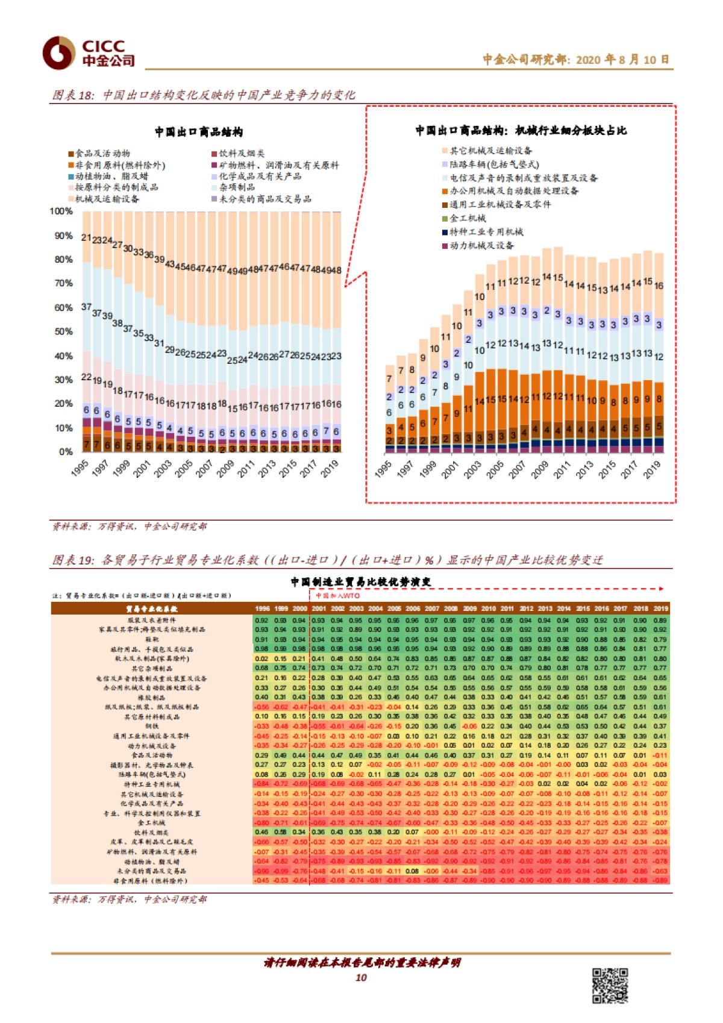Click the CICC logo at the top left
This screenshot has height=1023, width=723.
[88, 53]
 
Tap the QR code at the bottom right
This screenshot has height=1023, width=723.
[610, 985]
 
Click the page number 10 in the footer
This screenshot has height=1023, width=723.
[361, 977]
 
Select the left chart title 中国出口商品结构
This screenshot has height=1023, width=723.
[198, 132]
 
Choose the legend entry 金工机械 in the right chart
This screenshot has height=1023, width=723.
[468, 218]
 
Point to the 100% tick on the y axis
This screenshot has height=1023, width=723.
[61, 211]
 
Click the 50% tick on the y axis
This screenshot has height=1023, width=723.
[63, 331]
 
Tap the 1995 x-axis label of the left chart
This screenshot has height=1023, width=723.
[80, 468]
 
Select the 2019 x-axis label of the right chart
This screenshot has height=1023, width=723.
[652, 469]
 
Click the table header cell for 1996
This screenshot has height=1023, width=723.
[262, 608]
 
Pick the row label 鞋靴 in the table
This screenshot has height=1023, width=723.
[152, 639]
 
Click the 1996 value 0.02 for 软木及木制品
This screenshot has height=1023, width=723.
[261, 659]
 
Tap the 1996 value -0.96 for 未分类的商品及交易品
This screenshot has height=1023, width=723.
[261, 871]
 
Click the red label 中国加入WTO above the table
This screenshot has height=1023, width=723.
[337, 596]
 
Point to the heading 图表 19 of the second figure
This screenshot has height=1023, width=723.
[74, 560]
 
